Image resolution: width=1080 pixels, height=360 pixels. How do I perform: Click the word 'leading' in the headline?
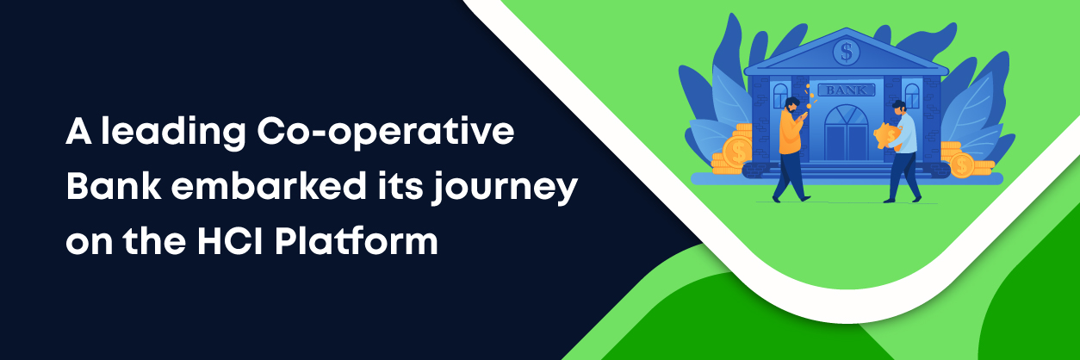click(x=173, y=133)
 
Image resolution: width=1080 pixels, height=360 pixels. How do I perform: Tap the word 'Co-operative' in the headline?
click(x=386, y=133)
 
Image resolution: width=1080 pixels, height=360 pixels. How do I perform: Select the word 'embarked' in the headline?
click(x=269, y=186)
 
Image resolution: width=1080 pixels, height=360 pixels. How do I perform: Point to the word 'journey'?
click(x=505, y=189)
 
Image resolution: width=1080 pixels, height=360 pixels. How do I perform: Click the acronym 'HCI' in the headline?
click(x=230, y=240)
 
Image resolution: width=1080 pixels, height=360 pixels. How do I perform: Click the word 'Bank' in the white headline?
click(x=114, y=186)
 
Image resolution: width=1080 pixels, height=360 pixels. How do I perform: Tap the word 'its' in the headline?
click(x=400, y=187)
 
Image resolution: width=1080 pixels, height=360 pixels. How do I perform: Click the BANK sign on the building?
click(x=846, y=90)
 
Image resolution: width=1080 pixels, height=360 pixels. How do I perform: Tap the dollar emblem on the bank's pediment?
click(x=846, y=52)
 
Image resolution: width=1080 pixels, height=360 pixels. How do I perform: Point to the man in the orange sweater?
click(x=791, y=150)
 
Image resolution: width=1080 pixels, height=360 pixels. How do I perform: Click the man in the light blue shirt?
click(x=903, y=152)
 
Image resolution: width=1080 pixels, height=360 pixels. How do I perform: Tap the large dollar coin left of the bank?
click(x=737, y=152)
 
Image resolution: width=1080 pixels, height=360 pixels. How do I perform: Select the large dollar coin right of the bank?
click(x=962, y=165)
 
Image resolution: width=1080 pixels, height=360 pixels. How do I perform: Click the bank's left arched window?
click(x=780, y=96)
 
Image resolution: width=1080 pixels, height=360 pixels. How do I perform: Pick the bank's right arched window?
click(x=912, y=96)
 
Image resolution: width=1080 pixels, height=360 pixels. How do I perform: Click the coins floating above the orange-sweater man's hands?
click(x=810, y=96)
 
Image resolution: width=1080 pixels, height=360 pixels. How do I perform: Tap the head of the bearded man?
click(x=791, y=105)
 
